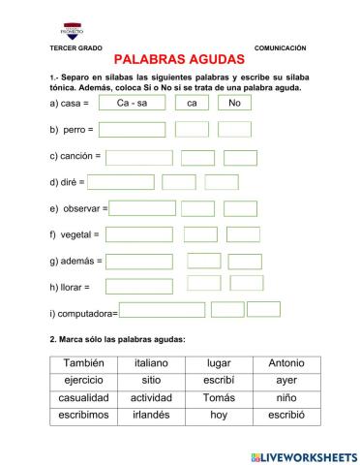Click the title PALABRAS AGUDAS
(x=186, y=60)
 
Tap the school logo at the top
(x=74, y=30)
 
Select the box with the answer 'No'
(x=234, y=103)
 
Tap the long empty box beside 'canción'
(x=139, y=157)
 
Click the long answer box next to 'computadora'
(x=164, y=311)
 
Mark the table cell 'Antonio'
(x=286, y=363)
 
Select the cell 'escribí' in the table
(x=219, y=381)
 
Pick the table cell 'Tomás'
(x=219, y=398)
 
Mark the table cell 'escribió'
(x=286, y=415)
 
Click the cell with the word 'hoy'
(x=219, y=415)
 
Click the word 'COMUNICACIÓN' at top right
(x=281, y=47)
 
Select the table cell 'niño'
(x=286, y=398)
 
